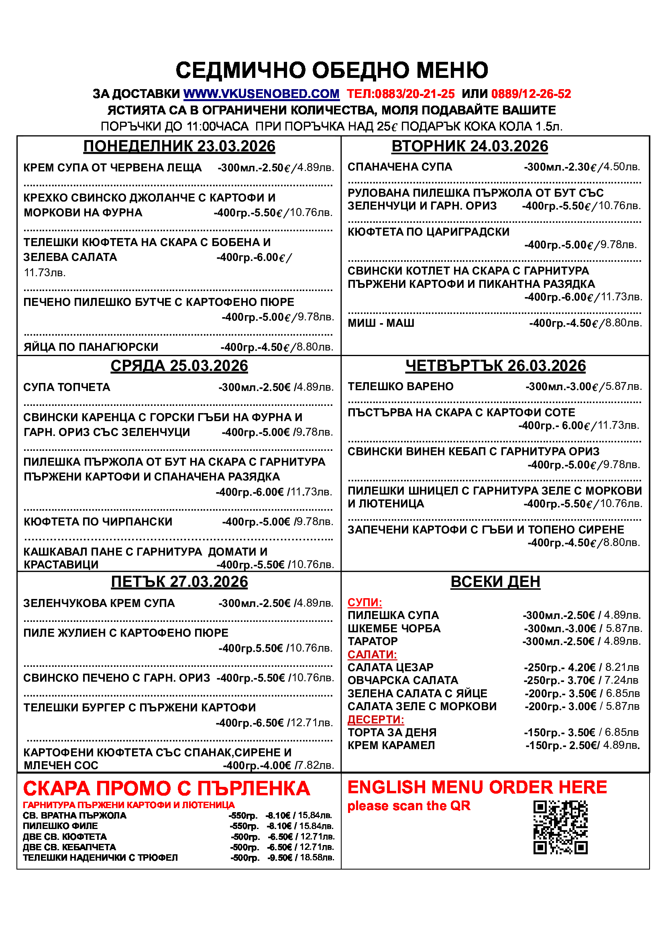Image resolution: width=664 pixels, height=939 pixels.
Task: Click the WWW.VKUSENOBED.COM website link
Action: [261, 94]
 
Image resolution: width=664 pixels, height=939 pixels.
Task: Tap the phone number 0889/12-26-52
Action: [531, 94]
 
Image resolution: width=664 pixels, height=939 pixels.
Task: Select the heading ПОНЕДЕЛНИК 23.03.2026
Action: [179, 147]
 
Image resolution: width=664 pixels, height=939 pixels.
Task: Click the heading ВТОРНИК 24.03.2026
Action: [469, 147]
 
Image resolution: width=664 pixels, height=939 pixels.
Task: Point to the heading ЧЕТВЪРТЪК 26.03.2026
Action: [495, 366]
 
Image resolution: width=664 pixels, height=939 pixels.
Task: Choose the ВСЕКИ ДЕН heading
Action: [495, 582]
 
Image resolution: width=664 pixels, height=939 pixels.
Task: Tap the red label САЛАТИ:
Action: [372, 654]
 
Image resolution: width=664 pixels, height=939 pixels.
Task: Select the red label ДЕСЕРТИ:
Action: [376, 719]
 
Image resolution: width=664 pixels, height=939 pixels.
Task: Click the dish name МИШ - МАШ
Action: [381, 323]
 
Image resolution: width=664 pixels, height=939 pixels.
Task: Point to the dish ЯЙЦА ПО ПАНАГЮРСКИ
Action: [91, 347]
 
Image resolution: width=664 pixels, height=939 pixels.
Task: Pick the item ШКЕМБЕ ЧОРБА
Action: [394, 629]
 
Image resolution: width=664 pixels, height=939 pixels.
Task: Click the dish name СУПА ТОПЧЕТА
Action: [67, 387]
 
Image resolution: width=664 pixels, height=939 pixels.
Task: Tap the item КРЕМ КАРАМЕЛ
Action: [391, 745]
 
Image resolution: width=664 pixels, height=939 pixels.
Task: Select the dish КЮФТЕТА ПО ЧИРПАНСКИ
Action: [98, 522]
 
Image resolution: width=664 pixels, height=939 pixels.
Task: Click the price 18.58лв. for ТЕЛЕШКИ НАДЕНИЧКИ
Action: [317, 858]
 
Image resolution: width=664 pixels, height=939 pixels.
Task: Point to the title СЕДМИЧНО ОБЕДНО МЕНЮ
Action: [332, 70]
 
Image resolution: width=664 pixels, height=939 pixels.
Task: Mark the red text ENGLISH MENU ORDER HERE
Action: [477, 787]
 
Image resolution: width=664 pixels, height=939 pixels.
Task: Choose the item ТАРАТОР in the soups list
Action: [372, 641]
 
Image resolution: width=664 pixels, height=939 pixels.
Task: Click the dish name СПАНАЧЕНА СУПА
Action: [399, 167]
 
